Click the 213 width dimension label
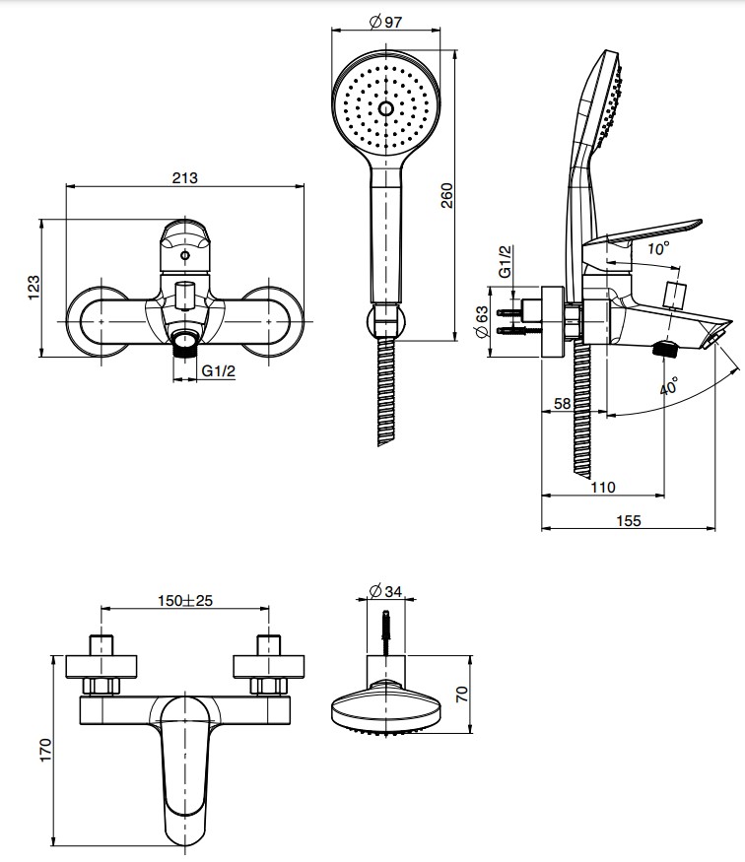pyautogui.click(x=184, y=178)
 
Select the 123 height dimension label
pyautogui.click(x=34, y=287)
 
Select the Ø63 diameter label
pyautogui.click(x=482, y=320)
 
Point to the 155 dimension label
pyautogui.click(x=628, y=520)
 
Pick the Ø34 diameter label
pyautogui.click(x=384, y=590)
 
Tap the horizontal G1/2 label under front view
pyautogui.click(x=218, y=370)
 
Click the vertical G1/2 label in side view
pyautogui.click(x=506, y=261)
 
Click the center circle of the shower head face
pyautogui.click(x=384, y=108)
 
